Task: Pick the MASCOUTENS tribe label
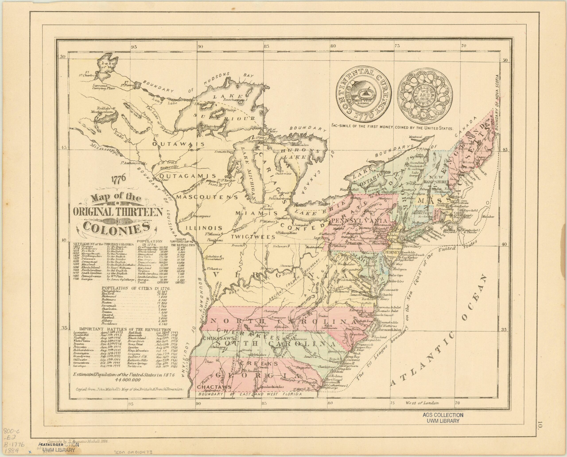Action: pyautogui.click(x=207, y=197)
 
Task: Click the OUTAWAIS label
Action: pyautogui.click(x=179, y=144)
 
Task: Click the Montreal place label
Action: pyautogui.click(x=415, y=137)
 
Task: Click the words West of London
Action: pyautogui.click(x=422, y=403)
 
